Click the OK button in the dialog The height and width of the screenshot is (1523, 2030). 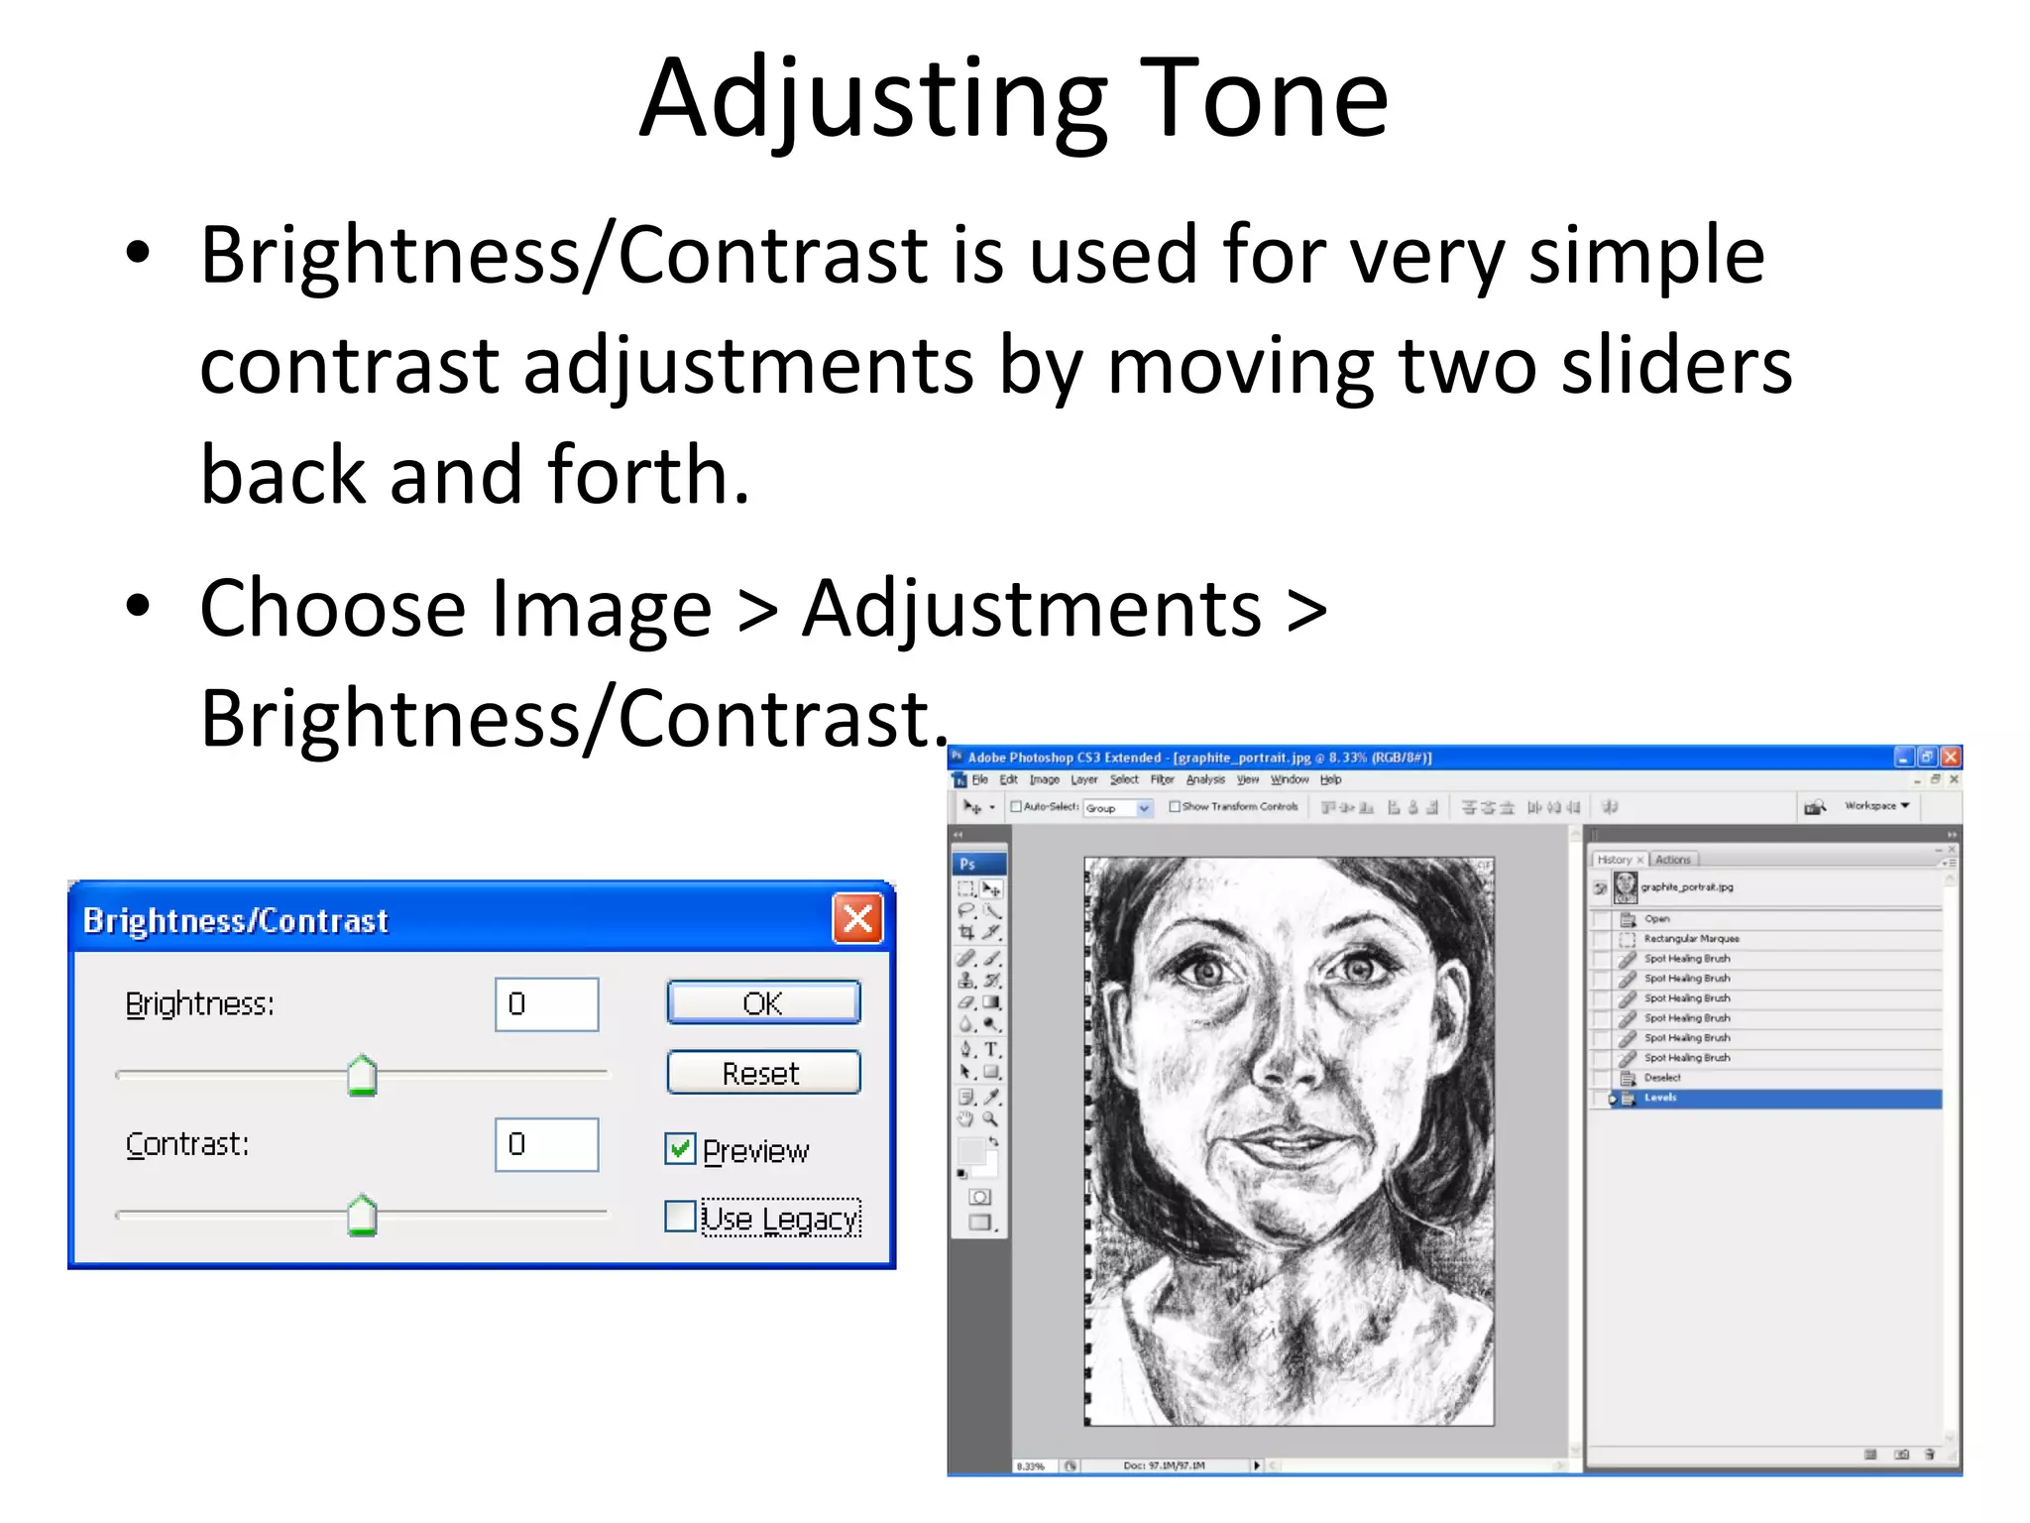763,1002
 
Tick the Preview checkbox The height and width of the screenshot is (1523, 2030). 680,1149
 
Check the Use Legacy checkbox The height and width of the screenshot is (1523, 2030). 680,1217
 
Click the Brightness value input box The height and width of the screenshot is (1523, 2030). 547,1003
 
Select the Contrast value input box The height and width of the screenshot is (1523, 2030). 547,1144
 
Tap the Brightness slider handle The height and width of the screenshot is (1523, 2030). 363,1076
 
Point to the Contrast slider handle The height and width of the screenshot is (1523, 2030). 363,1216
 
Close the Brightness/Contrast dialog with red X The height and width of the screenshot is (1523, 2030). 857,919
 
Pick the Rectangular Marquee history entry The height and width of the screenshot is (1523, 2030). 1691,938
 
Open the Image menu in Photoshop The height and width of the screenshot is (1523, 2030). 1044,780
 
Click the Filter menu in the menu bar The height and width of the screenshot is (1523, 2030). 1162,780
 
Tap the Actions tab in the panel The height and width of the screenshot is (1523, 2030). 1673,860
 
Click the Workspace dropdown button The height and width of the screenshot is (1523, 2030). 1875,806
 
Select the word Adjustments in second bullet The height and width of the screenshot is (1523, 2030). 1031,608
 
